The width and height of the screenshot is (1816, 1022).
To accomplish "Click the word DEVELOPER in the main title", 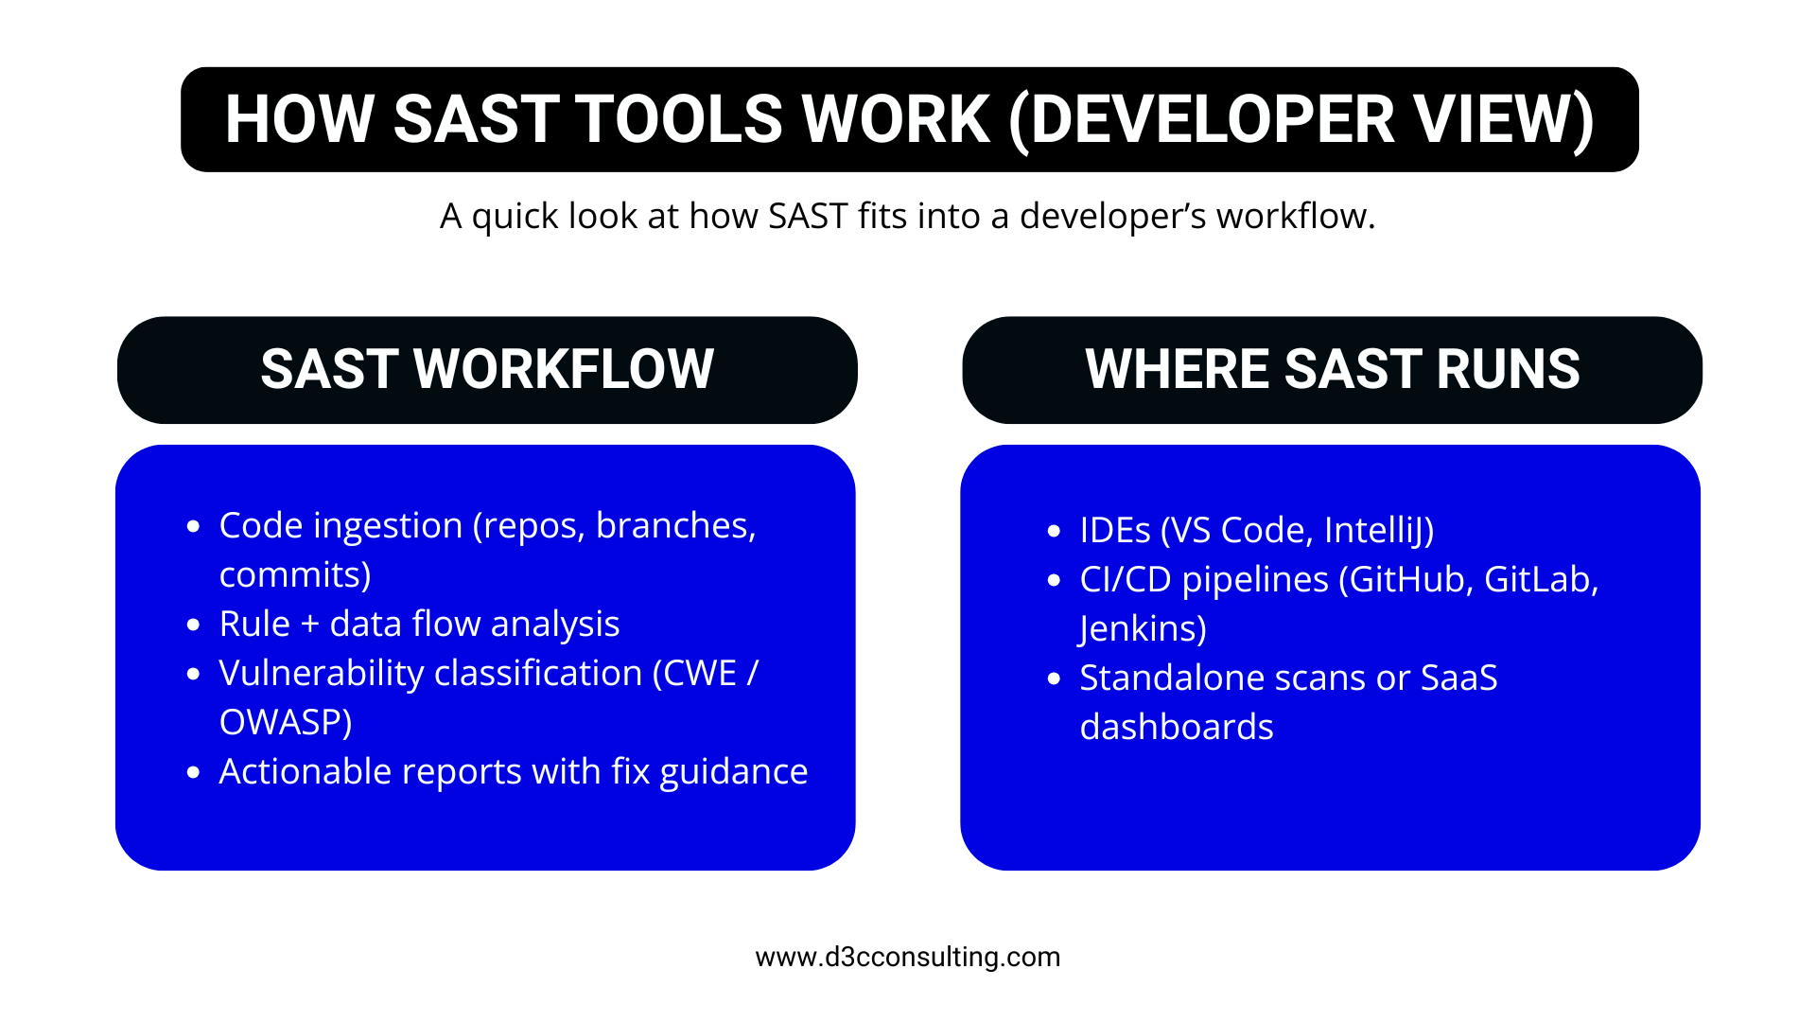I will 1213,120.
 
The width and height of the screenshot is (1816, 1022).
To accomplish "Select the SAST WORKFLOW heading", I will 487,369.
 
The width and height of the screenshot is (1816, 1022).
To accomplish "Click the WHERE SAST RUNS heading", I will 1332,369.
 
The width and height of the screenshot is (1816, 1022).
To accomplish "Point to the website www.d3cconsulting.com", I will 907,957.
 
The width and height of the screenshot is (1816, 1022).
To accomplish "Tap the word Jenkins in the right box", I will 1142,629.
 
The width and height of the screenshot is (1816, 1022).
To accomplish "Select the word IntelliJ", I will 1378,531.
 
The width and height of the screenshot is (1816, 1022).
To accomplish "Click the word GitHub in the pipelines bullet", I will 1409,580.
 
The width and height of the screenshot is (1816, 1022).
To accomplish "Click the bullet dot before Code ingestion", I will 194,527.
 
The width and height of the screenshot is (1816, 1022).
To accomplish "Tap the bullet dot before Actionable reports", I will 194,773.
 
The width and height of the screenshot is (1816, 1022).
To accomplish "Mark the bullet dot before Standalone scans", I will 1055,679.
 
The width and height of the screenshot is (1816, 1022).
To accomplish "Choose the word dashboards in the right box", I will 1176,728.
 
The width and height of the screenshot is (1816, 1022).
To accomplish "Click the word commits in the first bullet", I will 294,575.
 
